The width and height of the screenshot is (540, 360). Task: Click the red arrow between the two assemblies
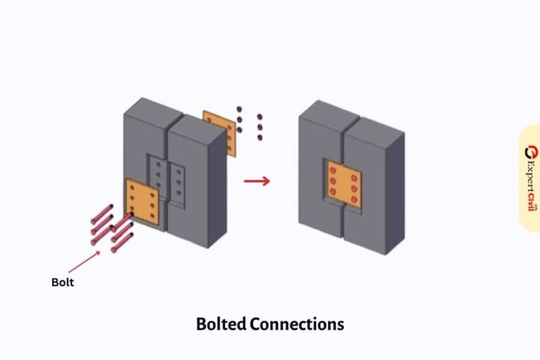tap(257, 181)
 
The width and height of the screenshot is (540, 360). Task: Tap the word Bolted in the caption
tap(221, 324)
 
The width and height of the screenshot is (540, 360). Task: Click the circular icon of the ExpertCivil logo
tap(529, 152)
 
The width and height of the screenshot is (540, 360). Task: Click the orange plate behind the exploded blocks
tap(219, 131)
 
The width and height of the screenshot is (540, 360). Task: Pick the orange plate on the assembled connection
tap(344, 184)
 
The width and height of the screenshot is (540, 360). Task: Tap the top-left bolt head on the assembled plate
tap(333, 169)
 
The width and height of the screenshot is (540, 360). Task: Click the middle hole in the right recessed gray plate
tap(180, 182)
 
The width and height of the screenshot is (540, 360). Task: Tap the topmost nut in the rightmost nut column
tap(259, 116)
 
